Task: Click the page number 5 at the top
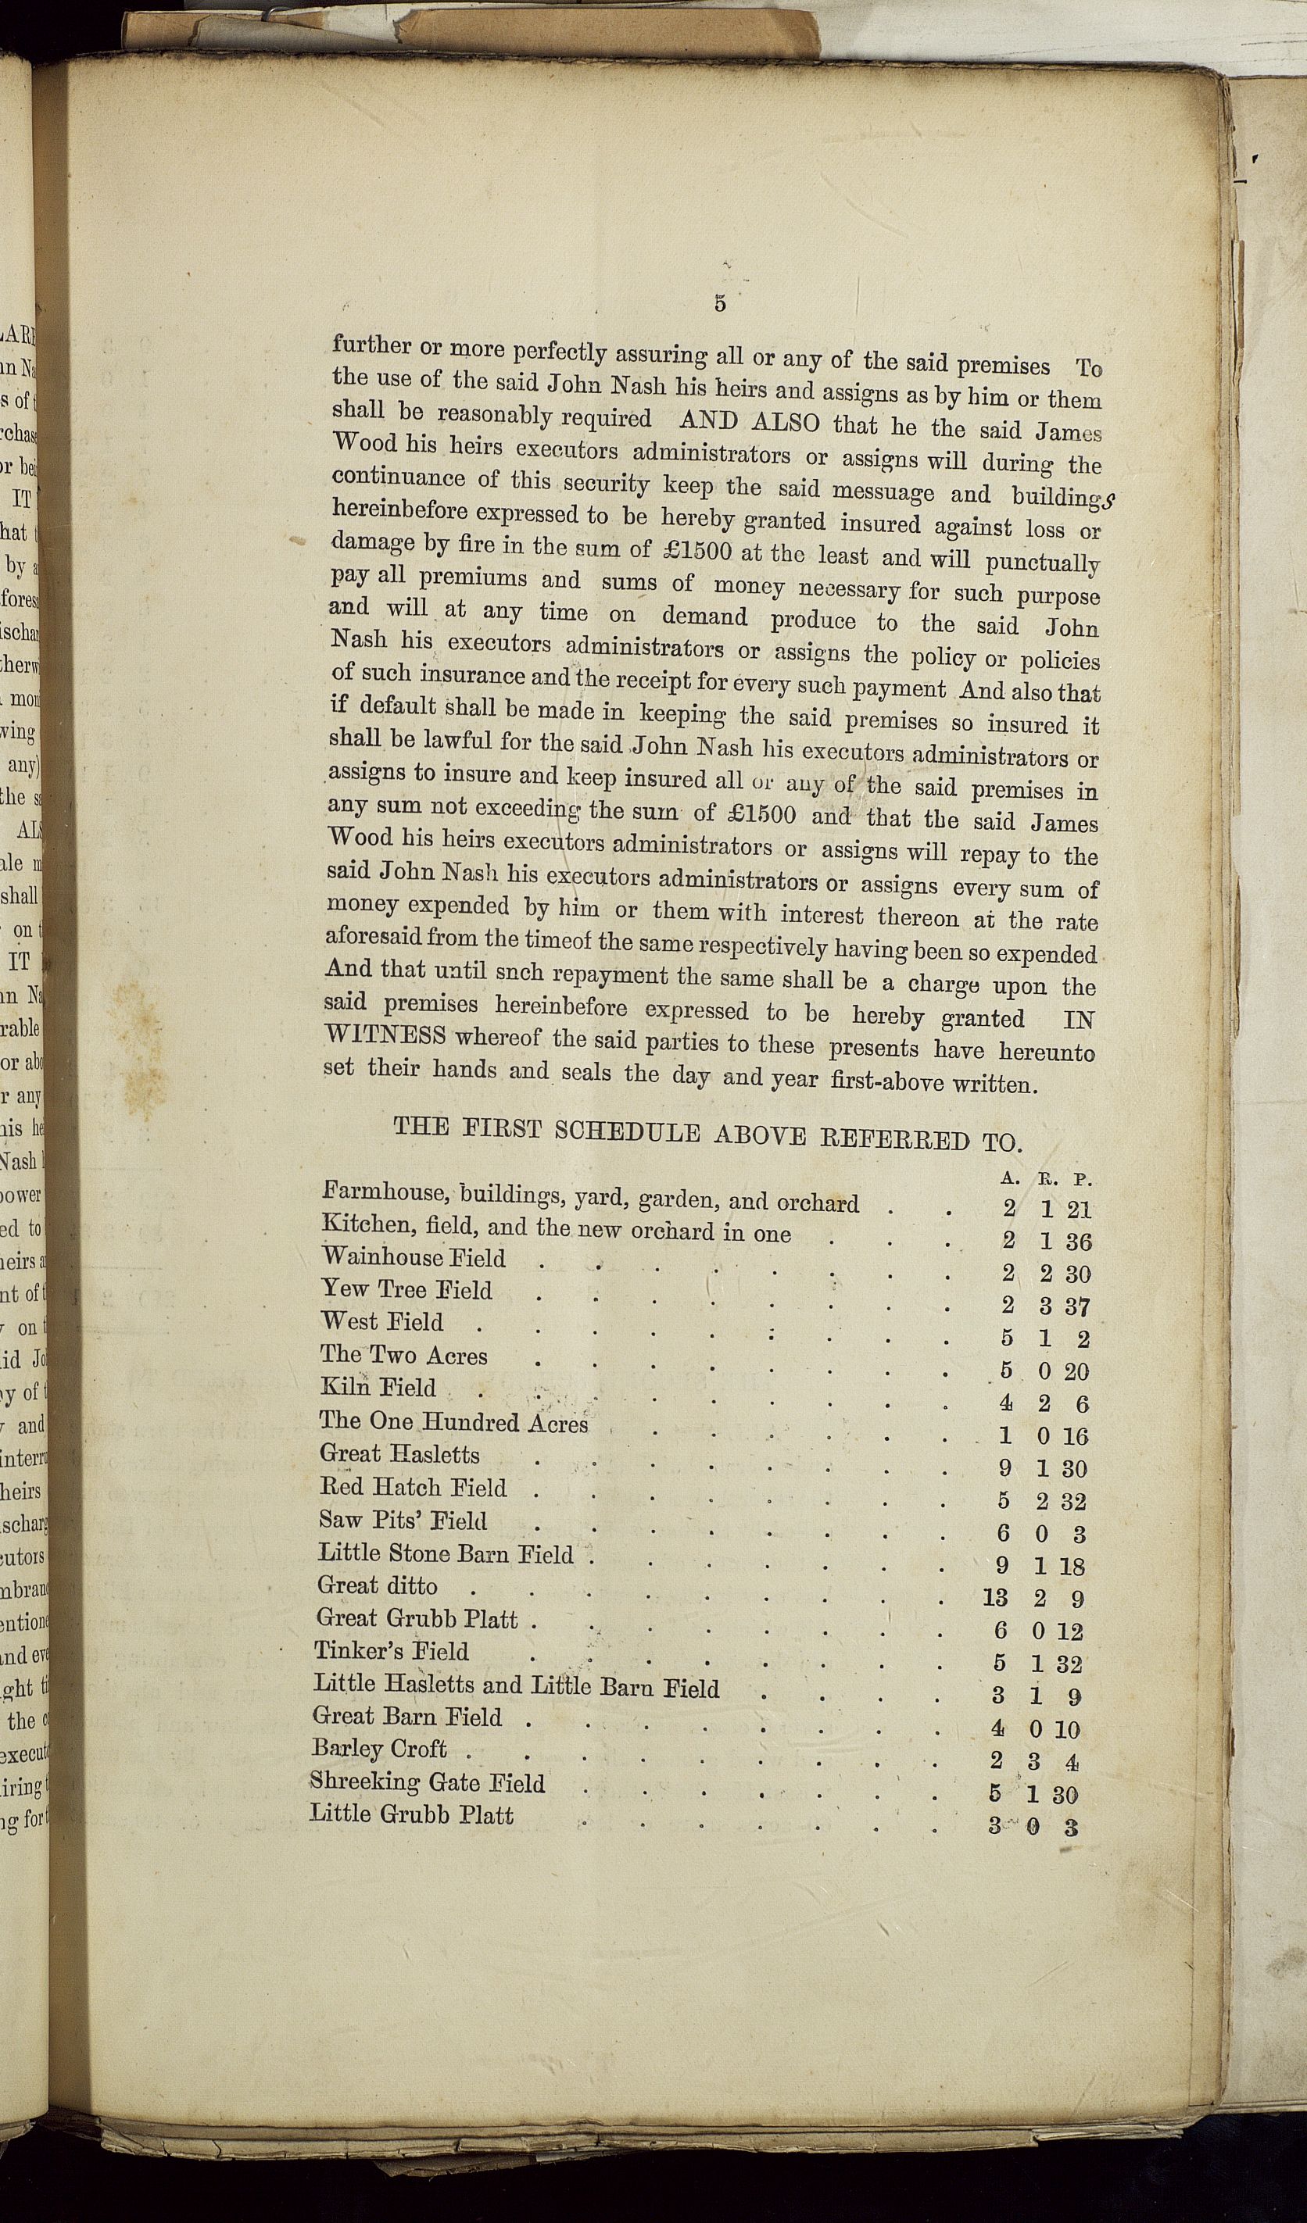pyautogui.click(x=720, y=304)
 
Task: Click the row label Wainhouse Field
pyautogui.click(x=414, y=1257)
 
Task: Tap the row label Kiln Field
pyautogui.click(x=378, y=1388)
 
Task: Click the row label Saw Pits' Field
pyautogui.click(x=403, y=1520)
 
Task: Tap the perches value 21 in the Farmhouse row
pyautogui.click(x=1079, y=1210)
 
